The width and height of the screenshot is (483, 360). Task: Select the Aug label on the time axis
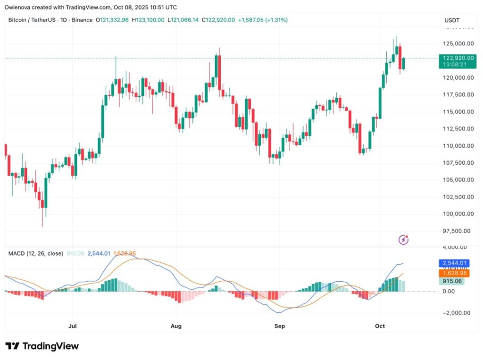click(176, 326)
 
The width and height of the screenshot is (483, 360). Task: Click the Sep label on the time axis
click(280, 326)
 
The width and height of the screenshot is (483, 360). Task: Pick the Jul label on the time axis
click(73, 326)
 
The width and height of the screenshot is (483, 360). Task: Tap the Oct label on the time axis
click(380, 326)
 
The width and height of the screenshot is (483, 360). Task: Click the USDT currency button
click(453, 20)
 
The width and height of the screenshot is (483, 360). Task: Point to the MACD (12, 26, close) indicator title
click(36, 253)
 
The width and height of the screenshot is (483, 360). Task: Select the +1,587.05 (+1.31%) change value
click(263, 20)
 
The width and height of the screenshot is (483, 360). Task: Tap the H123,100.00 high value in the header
click(148, 20)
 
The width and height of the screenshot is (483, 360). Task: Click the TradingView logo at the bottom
click(42, 346)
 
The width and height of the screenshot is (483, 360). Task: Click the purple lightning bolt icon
click(404, 240)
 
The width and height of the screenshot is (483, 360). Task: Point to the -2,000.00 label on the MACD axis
click(456, 313)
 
